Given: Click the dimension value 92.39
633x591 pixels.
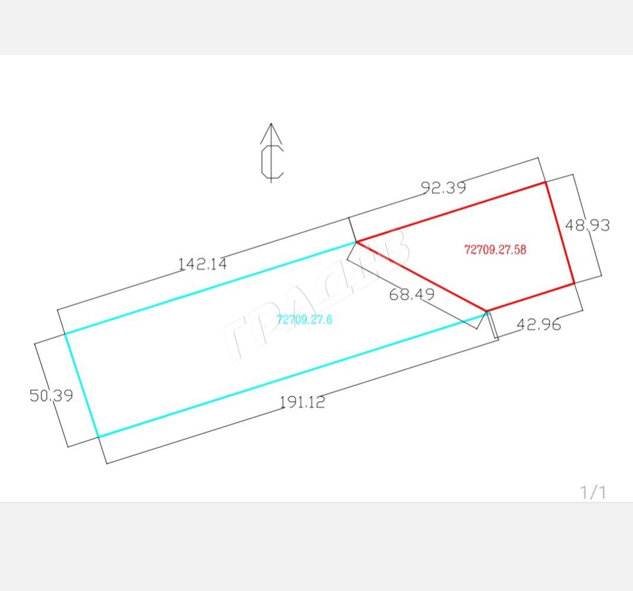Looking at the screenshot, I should tap(443, 188).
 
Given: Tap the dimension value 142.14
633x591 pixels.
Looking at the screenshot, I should tap(203, 264).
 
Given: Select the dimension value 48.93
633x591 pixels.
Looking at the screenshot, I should tap(587, 225).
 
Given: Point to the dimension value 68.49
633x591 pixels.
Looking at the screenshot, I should tap(412, 294).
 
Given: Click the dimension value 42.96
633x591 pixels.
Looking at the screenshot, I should tap(538, 324).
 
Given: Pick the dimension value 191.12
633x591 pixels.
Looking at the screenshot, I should tap(302, 402).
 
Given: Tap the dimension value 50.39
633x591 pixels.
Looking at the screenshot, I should tap(51, 395).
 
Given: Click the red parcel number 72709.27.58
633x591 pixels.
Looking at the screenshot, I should tap(495, 250).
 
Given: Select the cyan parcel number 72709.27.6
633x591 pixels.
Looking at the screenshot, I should tap(304, 320).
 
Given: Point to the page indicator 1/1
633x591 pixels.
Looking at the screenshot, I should tap(593, 492).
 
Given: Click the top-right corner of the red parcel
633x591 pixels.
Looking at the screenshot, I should tap(546, 182).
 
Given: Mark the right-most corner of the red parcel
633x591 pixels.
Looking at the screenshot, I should tap(574, 284).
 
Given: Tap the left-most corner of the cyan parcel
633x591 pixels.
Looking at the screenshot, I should tap(65, 334).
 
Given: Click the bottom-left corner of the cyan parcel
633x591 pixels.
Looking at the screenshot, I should tap(98, 437).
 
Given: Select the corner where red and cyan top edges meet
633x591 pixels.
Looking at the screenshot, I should tap(356, 242).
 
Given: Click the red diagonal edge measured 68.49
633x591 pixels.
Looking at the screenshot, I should tap(421, 276).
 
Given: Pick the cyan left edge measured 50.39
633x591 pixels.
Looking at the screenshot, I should tap(82, 385).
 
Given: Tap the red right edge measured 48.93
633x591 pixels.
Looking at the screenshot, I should tap(560, 233).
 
